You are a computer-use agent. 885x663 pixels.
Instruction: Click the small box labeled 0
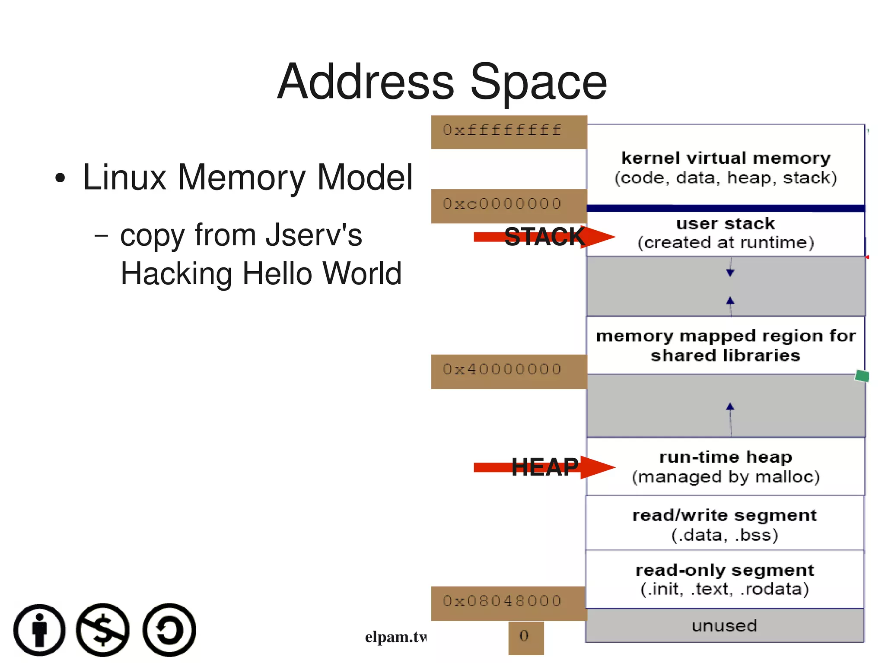click(x=525, y=638)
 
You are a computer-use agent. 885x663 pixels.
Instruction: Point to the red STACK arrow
click(x=544, y=237)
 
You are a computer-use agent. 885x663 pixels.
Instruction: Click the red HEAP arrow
click(x=544, y=467)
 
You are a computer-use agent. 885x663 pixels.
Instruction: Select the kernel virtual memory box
click(x=726, y=166)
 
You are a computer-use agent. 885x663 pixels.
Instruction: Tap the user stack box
click(x=726, y=234)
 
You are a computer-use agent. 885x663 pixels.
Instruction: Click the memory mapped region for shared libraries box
click(x=726, y=345)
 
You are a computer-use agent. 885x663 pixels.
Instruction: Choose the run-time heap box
click(x=726, y=466)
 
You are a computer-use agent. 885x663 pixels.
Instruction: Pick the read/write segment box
click(x=725, y=524)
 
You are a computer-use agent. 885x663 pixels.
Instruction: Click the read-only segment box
click(x=725, y=579)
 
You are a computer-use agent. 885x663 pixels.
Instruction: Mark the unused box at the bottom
click(x=725, y=625)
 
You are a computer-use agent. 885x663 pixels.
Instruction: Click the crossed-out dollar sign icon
click(x=103, y=630)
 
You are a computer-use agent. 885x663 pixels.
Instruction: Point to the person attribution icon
click(x=39, y=630)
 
